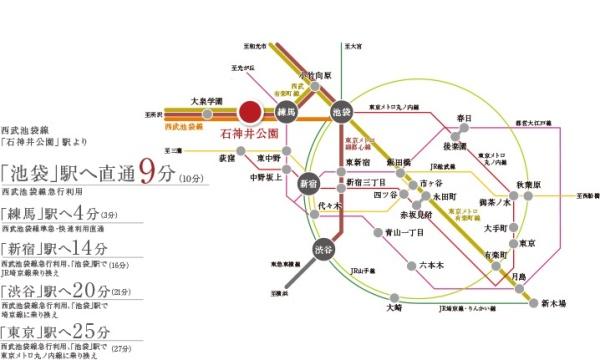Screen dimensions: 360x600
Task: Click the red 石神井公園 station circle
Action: pos(250,113)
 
